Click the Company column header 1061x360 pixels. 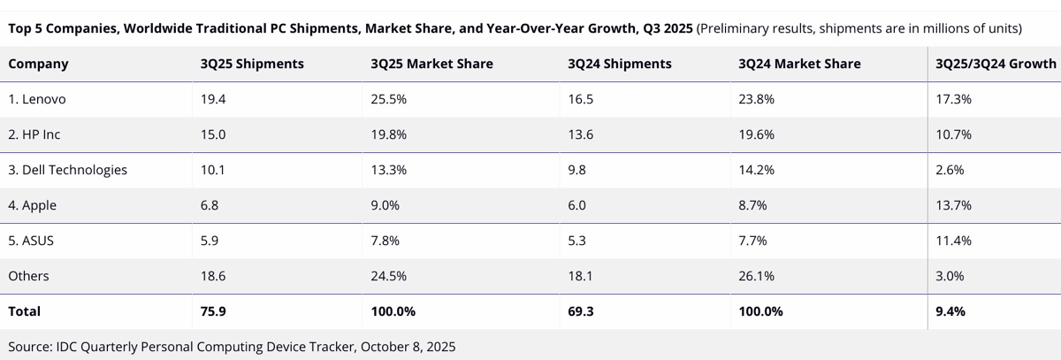[38, 64]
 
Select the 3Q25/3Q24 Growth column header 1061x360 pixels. [996, 64]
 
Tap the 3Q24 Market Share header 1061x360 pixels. [799, 64]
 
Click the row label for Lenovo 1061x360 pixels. [37, 99]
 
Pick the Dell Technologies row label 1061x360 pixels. [67, 170]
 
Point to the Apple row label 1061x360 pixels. [32, 205]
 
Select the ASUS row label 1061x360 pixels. [31, 241]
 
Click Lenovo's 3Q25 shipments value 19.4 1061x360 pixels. [213, 99]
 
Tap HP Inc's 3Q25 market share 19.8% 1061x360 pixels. [388, 134]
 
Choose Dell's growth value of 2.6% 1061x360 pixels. [950, 170]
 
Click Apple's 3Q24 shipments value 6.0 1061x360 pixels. [577, 205]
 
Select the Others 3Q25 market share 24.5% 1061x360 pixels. [388, 276]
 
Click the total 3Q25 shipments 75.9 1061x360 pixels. [214, 311]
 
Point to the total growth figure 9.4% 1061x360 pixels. [950, 311]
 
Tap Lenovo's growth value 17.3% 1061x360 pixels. [953, 99]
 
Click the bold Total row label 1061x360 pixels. [25, 311]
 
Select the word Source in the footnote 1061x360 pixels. [29, 347]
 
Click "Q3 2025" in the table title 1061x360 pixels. [664, 28]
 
